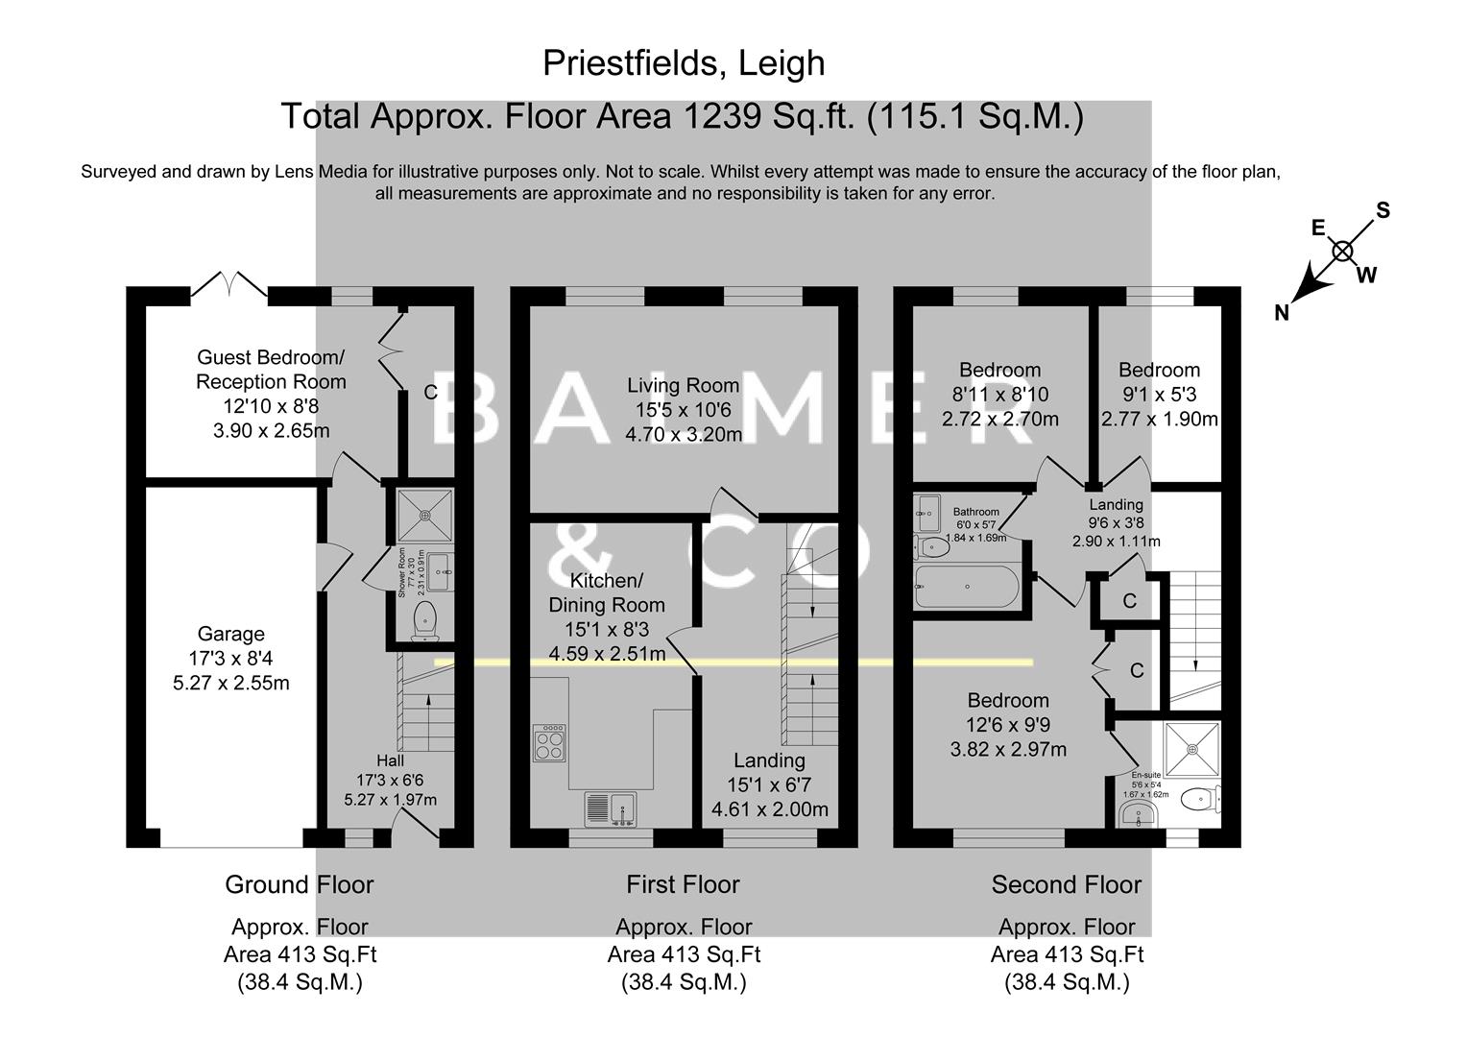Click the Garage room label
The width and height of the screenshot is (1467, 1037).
(230, 634)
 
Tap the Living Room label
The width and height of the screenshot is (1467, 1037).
(683, 385)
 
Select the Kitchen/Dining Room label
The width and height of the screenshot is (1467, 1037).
(606, 593)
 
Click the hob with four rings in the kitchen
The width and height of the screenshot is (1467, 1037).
(549, 743)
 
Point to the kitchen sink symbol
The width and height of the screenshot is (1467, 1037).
(612, 808)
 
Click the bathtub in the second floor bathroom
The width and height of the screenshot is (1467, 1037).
(967, 586)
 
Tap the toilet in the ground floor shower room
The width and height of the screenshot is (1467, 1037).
(424, 619)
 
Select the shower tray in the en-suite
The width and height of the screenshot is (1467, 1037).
(1191, 749)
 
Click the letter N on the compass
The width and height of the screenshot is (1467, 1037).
(1282, 312)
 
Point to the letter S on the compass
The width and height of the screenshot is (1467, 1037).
(1383, 210)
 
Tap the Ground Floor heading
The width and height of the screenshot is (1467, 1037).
(299, 884)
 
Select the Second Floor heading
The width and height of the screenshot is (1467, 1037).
(1066, 884)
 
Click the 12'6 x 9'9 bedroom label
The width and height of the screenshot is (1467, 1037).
(1008, 725)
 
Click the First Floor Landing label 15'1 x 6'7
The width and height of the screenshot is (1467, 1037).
(769, 785)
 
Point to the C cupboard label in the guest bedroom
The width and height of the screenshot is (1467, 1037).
(431, 392)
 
